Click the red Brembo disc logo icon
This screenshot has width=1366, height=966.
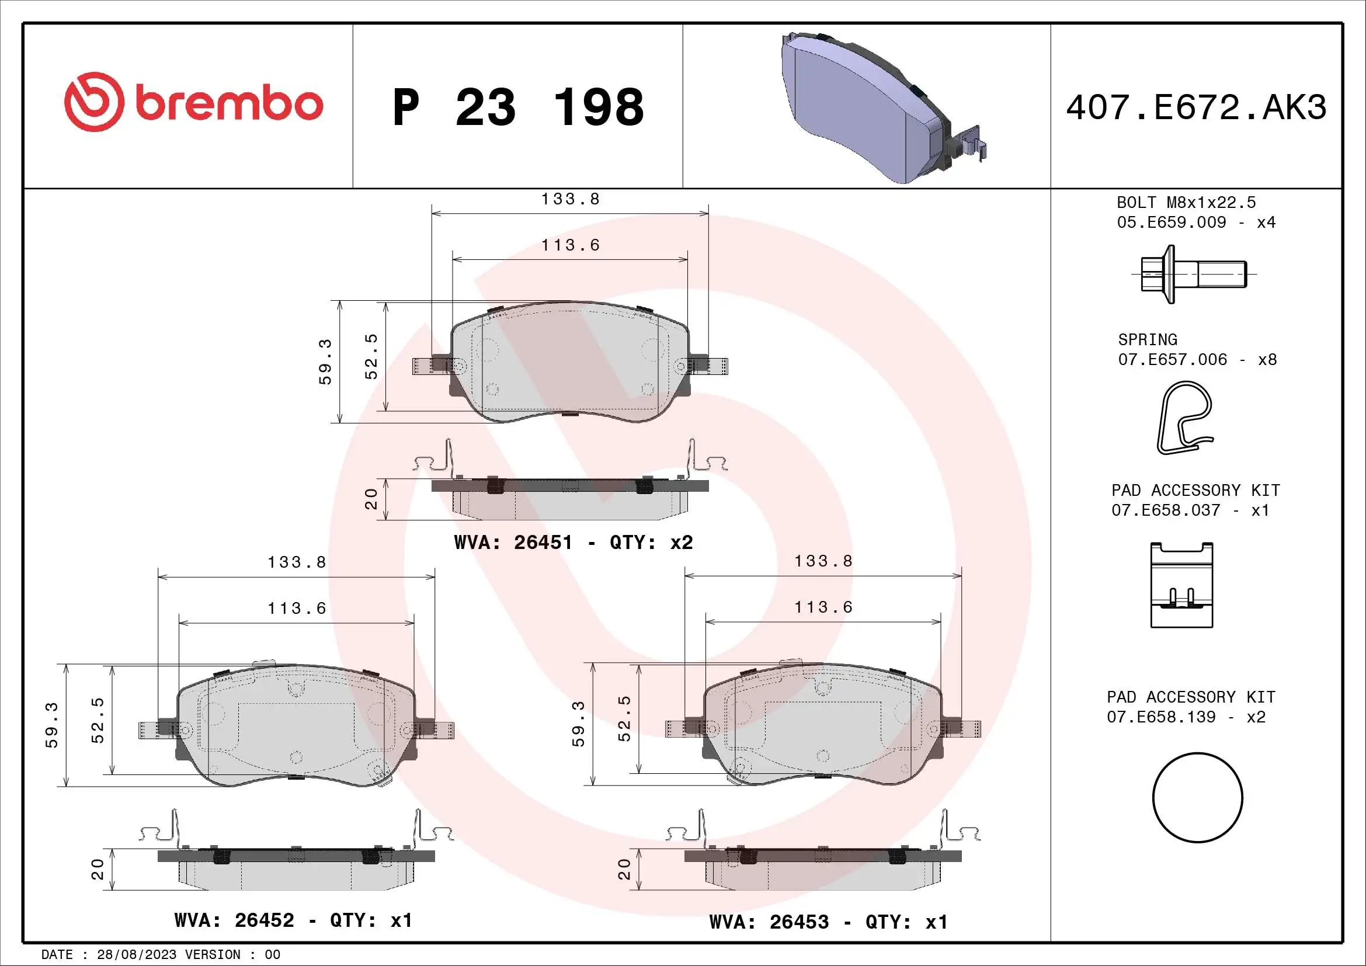coord(94,102)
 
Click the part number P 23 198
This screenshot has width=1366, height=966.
coord(518,107)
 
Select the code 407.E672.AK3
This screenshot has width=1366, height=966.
coord(1196,107)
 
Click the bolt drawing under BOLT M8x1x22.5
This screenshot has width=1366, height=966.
coord(1193,274)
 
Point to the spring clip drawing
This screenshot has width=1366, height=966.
coord(1184,418)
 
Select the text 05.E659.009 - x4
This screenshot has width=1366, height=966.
coord(1196,223)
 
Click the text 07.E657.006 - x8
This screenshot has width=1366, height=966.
coord(1197,360)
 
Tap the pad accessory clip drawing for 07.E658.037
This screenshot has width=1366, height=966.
coord(1181,585)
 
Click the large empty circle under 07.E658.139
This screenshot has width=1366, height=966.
coord(1198,798)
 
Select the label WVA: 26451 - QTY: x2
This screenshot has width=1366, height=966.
coord(573,543)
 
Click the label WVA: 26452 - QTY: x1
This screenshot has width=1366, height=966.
coord(293,920)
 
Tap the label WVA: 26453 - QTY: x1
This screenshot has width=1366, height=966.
coord(828,922)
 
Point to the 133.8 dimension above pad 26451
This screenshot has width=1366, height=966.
coord(570,199)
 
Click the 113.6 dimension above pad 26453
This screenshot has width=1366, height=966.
coord(823,607)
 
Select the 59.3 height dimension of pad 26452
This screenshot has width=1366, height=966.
coord(53,725)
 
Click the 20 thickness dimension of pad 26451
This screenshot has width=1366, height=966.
coord(371,499)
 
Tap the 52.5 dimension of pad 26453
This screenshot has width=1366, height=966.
coord(624,718)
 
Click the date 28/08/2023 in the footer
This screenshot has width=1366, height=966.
coord(136,955)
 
